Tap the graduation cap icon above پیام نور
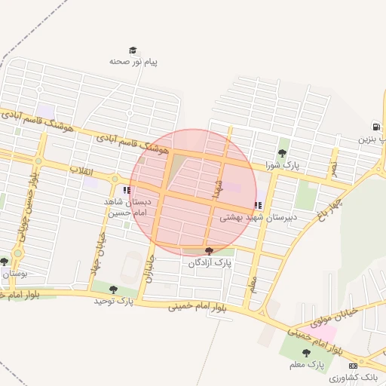tap(133, 51)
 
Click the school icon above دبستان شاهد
tap(127, 190)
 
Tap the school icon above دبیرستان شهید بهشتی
tap(259, 204)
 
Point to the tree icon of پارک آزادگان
tap(209, 250)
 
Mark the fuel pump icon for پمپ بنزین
tap(375, 127)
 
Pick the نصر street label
tap(332, 167)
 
